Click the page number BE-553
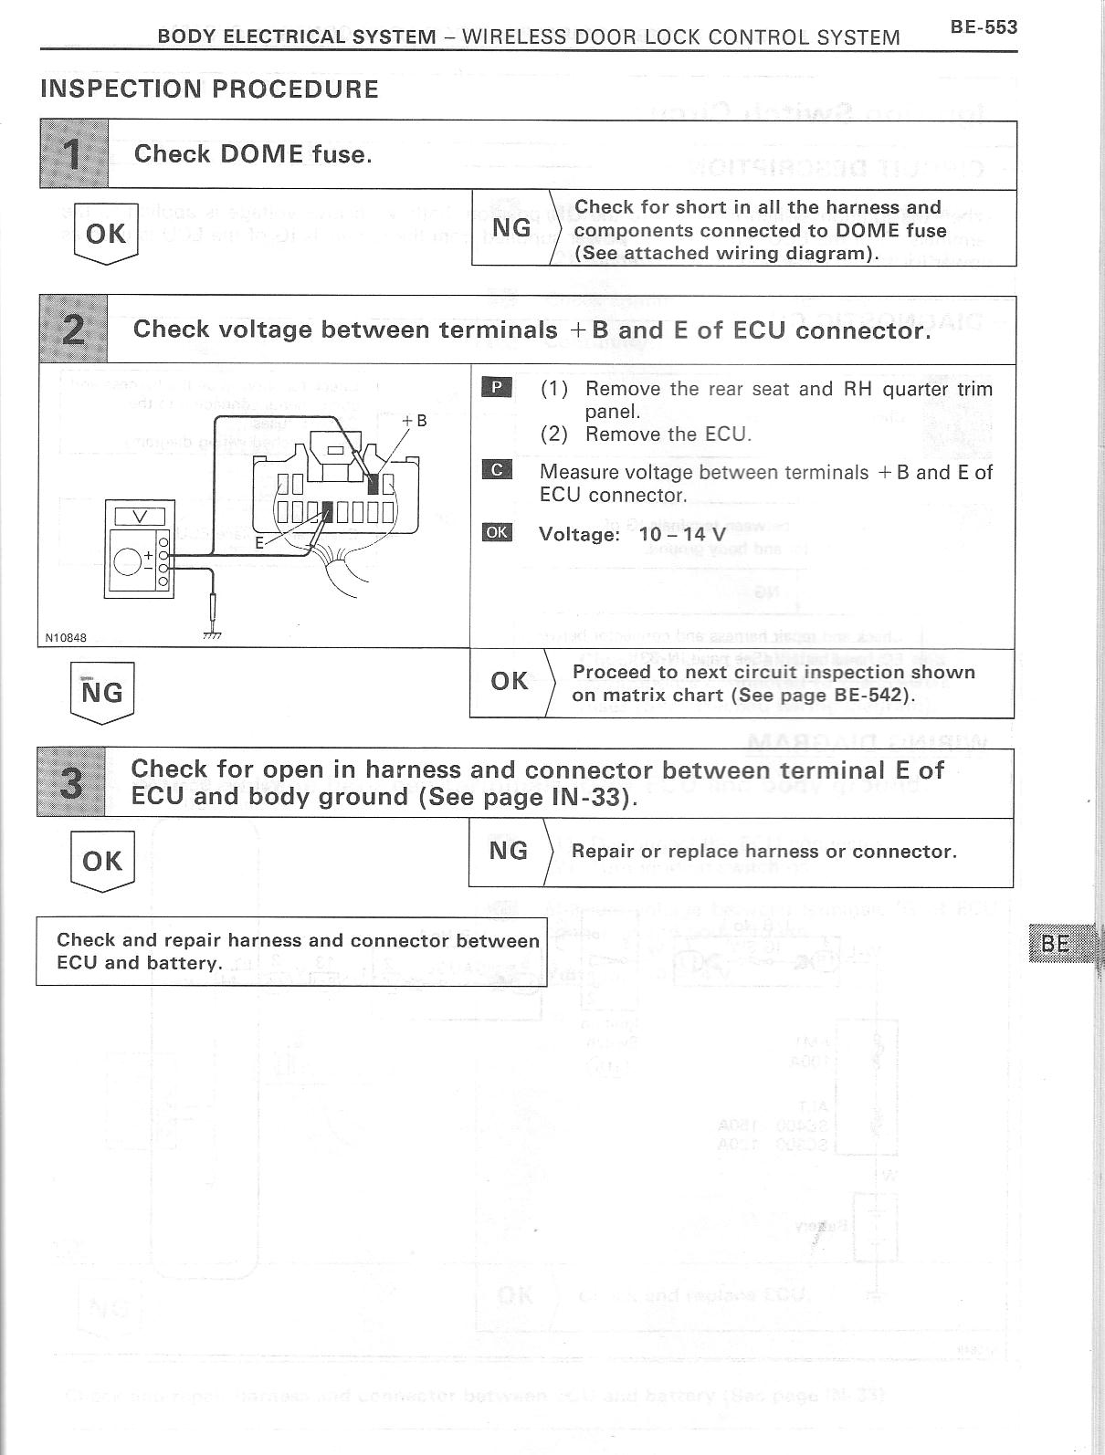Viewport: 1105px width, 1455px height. (983, 27)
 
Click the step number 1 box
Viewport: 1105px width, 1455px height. (74, 154)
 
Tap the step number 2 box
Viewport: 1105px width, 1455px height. (73, 330)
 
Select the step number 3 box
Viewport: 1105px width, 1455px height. (71, 782)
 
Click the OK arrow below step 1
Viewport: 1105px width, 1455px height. (105, 234)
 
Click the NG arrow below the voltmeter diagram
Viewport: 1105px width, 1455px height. (101, 692)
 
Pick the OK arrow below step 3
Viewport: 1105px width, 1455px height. (101, 861)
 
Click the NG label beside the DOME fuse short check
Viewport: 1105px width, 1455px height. (511, 228)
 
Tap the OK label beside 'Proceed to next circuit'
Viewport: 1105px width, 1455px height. (509, 681)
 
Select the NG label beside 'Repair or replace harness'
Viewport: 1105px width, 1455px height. (509, 851)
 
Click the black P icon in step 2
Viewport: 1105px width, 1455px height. (497, 387)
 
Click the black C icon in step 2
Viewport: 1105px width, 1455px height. (497, 470)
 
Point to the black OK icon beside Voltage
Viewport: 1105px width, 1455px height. (497, 532)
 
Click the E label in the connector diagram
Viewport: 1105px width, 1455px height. (259, 542)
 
